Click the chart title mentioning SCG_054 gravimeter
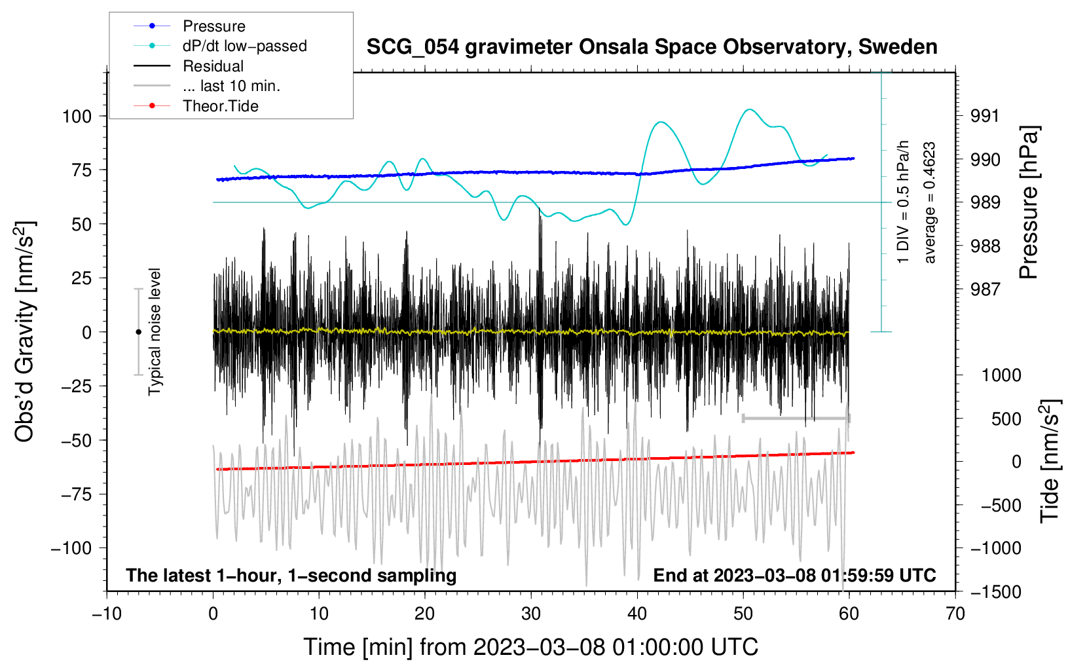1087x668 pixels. pyautogui.click(x=652, y=47)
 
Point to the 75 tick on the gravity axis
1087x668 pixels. pyautogui.click(x=81, y=170)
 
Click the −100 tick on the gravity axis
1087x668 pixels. pyautogui.click(x=71, y=548)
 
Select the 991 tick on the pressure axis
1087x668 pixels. pyautogui.click(x=985, y=117)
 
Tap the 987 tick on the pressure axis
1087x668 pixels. pyautogui.click(x=985, y=290)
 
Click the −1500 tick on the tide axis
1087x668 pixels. pyautogui.click(x=996, y=592)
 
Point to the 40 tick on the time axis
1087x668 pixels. pyautogui.click(x=636, y=614)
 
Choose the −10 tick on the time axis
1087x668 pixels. pyautogui.click(x=107, y=614)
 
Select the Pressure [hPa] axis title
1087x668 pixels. pyautogui.click(x=1029, y=203)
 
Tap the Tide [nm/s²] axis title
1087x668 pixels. pyautogui.click(x=1050, y=462)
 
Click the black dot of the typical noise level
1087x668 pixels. pyautogui.click(x=138, y=332)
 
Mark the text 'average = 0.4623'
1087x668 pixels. pyautogui.click(x=929, y=203)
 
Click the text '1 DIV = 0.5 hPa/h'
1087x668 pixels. pyautogui.click(x=902, y=202)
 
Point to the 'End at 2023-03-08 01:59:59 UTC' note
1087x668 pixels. pyautogui.click(x=794, y=575)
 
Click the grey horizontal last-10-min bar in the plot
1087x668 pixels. pyautogui.click(x=796, y=418)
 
